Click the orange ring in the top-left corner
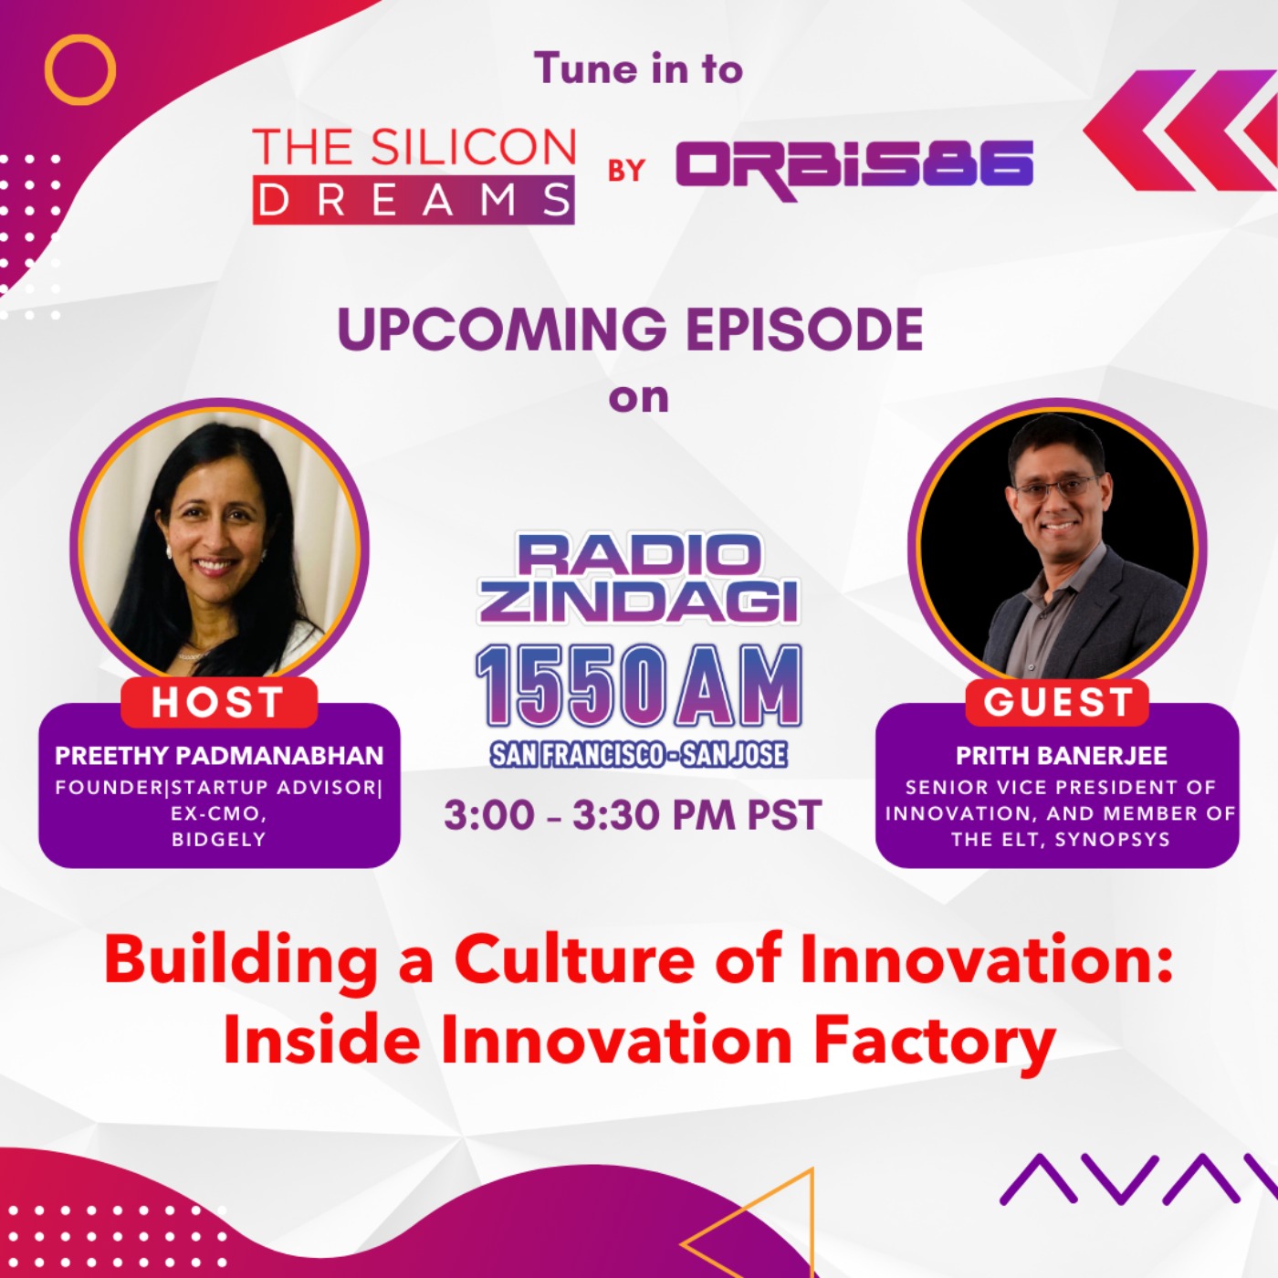80,69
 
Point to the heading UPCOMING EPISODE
630,330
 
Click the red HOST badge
218,703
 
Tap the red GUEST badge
1058,703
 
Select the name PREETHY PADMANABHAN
219,756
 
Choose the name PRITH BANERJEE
1061,756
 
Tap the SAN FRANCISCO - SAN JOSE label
638,754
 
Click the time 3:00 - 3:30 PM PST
633,815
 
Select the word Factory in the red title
934,1042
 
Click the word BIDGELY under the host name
219,839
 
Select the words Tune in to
638,69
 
